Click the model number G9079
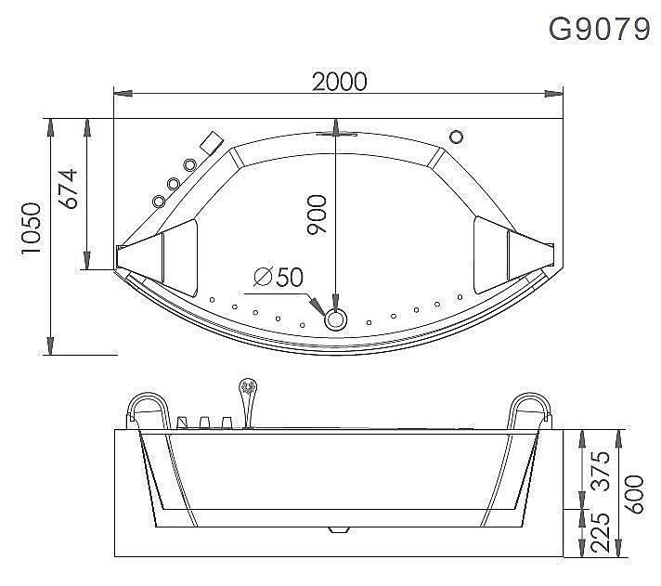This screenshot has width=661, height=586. click(599, 29)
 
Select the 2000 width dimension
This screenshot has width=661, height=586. click(339, 82)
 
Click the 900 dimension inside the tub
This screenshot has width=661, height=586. click(318, 215)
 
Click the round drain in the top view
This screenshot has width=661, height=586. click(335, 319)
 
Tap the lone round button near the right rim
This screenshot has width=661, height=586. click(455, 137)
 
